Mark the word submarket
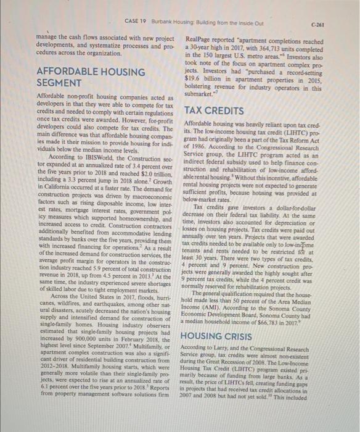coord(203,94)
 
